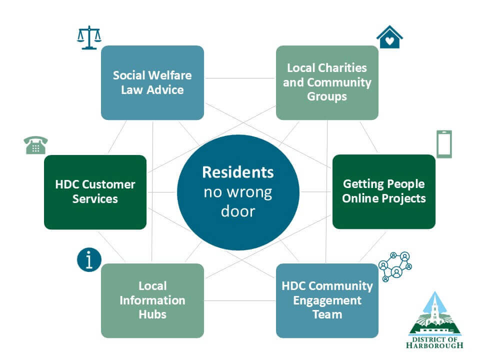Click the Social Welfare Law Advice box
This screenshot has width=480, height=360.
[x=152, y=82]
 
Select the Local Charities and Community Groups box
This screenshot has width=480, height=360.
[x=327, y=82]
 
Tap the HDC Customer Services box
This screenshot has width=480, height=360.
[x=95, y=192]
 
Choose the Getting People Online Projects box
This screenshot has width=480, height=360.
[x=384, y=191]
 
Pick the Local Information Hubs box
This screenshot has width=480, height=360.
[x=152, y=300]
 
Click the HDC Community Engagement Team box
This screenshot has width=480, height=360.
[x=327, y=300]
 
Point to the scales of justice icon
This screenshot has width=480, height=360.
[x=89, y=37]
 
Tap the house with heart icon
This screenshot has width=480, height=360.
[x=389, y=37]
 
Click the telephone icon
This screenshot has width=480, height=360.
[x=35, y=145]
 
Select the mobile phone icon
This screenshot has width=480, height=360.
[x=444, y=144]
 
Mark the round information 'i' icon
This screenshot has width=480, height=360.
[x=89, y=260]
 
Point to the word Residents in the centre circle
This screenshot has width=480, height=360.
[x=238, y=172]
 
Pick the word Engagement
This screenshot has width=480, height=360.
[x=327, y=300]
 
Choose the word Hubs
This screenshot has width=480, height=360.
[x=152, y=314]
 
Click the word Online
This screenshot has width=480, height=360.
[x=360, y=198]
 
